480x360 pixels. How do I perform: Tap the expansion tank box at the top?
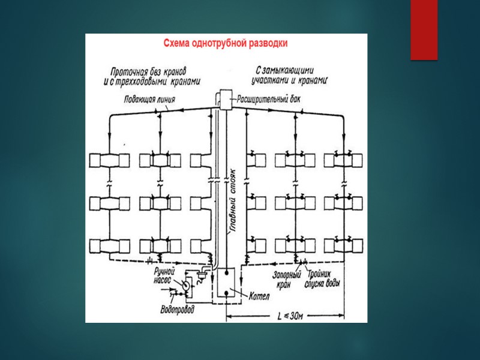point(225,98)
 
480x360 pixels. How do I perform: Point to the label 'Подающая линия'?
point(149,100)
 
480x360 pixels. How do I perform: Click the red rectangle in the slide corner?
point(424,30)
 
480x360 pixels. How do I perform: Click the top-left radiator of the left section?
point(109,160)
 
